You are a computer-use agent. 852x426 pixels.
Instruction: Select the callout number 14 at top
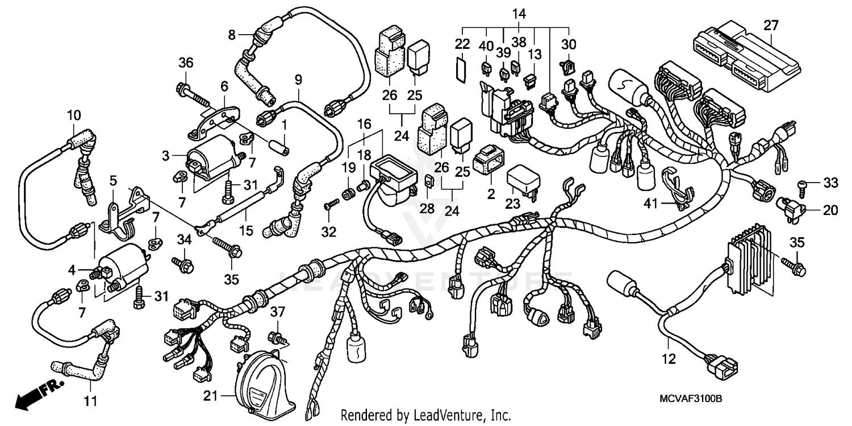coord(519,13)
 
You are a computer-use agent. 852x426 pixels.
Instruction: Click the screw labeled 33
coord(804,184)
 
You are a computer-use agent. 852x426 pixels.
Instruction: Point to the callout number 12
coord(669,359)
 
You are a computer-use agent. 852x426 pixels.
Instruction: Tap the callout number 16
coord(364,123)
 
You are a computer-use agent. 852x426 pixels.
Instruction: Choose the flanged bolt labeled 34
coord(184,264)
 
